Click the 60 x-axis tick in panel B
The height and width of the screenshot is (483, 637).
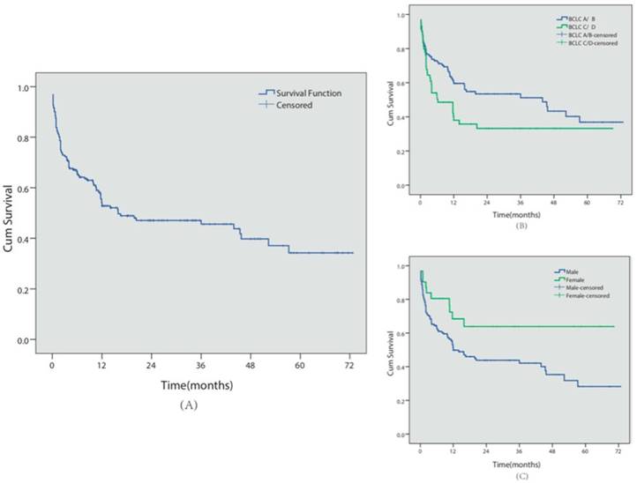(587, 201)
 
